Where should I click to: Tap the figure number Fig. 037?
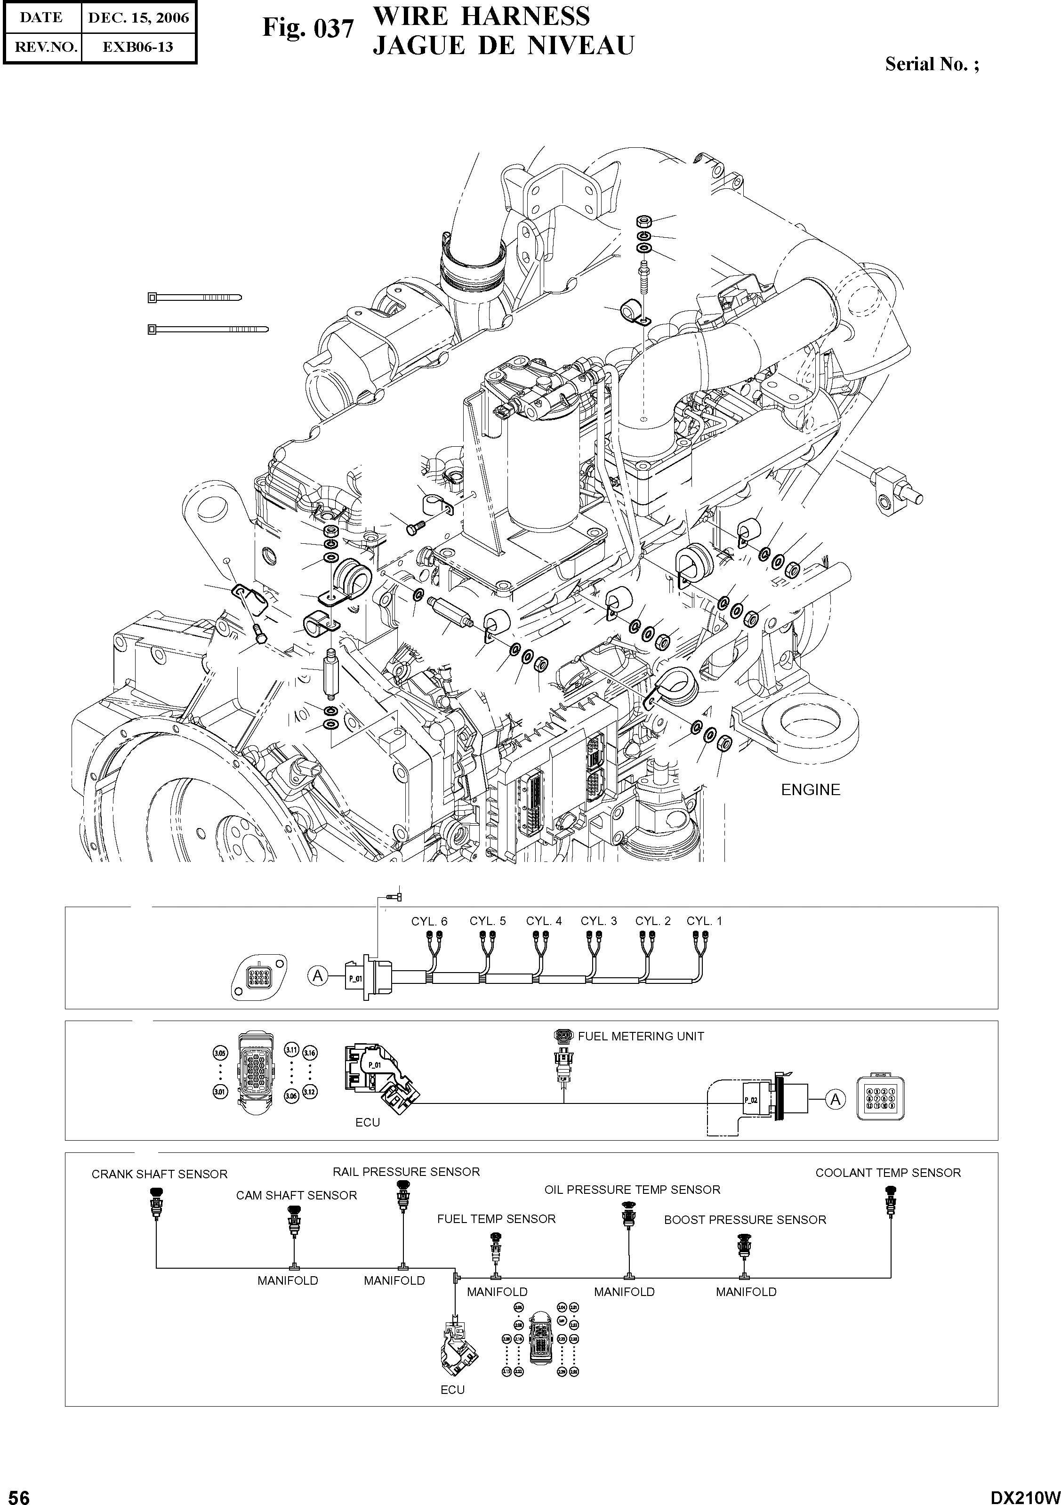coord(308,28)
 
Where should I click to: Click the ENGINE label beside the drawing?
coord(810,790)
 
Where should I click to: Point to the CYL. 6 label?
coord(429,921)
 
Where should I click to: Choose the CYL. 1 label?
coord(704,921)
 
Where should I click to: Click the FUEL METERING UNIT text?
coord(640,1036)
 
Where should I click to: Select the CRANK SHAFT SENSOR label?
coord(159,1174)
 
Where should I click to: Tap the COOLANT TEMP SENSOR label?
coord(887,1173)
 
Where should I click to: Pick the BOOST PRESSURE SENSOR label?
coord(745,1220)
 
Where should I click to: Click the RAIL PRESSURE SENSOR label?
coord(406,1171)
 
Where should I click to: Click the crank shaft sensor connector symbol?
coord(156,1205)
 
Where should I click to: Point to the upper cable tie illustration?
coord(194,298)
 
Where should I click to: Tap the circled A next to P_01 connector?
coord(318,977)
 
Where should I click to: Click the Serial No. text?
coord(931,64)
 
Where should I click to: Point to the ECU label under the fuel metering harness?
coord(368,1122)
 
